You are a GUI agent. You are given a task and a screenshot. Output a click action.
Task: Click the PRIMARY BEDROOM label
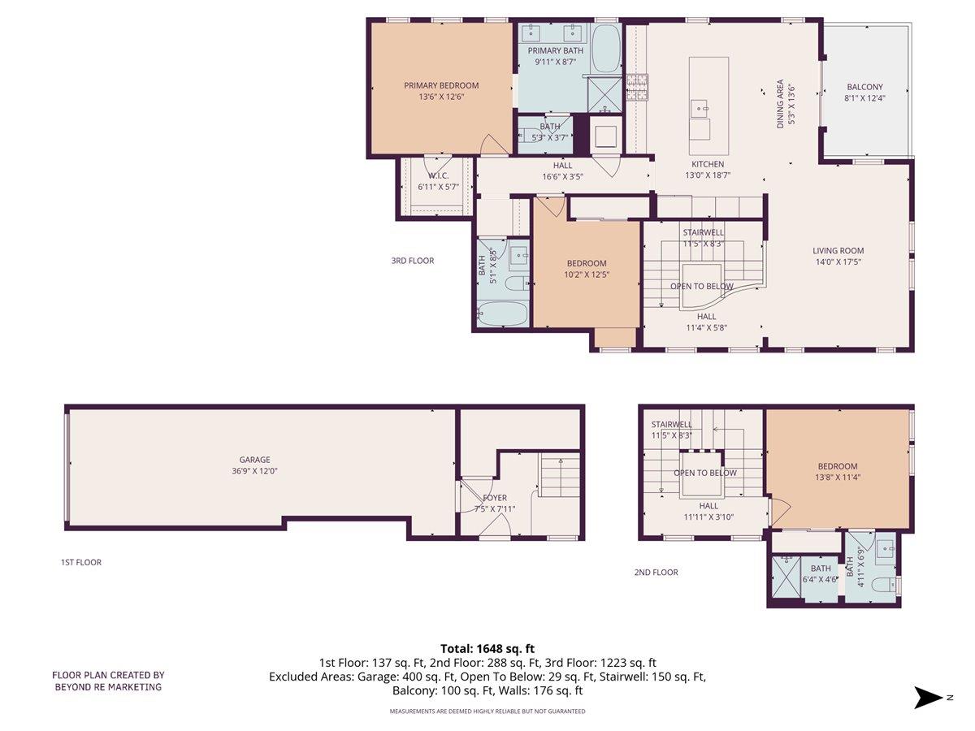coord(441,85)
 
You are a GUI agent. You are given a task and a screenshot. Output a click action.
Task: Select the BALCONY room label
coord(864,87)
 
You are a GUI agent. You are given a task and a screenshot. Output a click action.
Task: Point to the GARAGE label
coord(254,460)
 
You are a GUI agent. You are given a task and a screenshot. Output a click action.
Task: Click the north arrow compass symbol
coord(929,697)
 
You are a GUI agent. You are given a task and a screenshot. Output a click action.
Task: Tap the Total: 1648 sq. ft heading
coord(487,648)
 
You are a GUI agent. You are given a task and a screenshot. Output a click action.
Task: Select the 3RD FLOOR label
coord(413,261)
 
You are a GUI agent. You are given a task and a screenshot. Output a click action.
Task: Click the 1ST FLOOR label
coord(81,562)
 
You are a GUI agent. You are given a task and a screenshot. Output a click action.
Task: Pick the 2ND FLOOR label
coord(656,573)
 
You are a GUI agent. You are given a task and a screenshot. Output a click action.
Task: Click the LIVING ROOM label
coord(838,251)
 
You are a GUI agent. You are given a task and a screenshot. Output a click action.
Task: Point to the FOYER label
coord(495,498)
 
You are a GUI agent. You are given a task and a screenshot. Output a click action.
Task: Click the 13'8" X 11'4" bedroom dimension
coord(838,478)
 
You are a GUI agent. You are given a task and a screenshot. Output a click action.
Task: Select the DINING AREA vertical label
coord(780,103)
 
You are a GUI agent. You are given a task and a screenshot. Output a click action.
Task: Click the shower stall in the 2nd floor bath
coord(784,577)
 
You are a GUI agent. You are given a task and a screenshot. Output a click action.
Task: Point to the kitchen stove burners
coord(637,85)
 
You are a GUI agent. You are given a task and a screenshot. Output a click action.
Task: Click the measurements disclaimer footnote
coord(487,712)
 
